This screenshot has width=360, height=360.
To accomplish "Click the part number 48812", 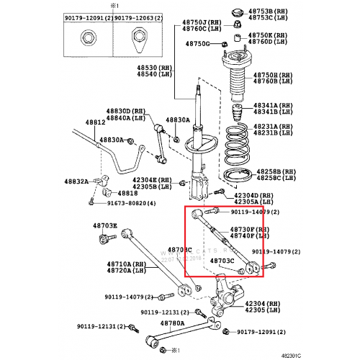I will pos(95,123).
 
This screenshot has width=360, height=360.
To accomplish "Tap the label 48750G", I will pos(197,44).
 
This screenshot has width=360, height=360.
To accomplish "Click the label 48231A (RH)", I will pos(274,125).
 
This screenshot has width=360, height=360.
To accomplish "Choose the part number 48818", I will pos(127,193).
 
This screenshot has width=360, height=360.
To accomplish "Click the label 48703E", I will pos(104,226).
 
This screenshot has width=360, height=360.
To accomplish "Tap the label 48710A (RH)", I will pos(126,264).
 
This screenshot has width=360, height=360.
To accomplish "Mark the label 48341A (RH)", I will pos(274,106).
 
